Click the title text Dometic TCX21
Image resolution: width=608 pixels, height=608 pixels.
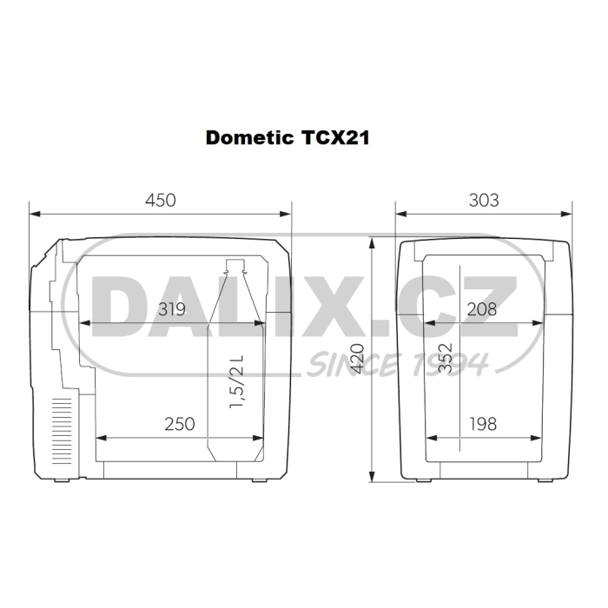pyautogui.click(x=286, y=138)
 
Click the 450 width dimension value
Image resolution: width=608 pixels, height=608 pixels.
pyautogui.click(x=160, y=200)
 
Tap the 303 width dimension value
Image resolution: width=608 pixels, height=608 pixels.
pyautogui.click(x=484, y=200)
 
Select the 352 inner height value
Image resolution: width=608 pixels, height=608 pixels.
pyautogui.click(x=445, y=357)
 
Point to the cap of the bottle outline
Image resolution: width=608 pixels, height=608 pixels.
pyautogui.click(x=235, y=264)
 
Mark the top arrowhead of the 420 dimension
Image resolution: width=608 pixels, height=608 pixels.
pyautogui.click(x=372, y=241)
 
